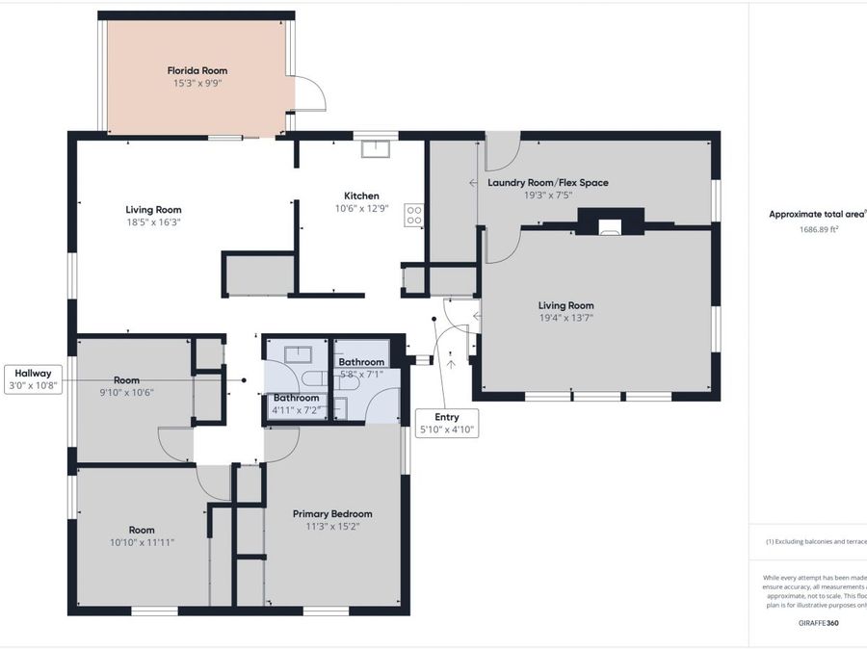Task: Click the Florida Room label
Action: coord(197,70)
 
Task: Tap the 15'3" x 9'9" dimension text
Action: coord(197,84)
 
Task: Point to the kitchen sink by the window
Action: coord(376,148)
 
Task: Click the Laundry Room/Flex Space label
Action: coord(548,182)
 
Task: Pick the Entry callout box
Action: coord(446,424)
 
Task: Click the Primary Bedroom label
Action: coord(332,513)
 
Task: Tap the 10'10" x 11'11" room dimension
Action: coord(142,542)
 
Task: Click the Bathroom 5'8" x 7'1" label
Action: coord(361,368)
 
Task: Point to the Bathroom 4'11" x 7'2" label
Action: coord(296,403)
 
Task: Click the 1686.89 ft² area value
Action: coord(818,229)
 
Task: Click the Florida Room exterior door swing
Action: coord(309,94)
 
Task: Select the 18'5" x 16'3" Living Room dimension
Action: coord(153,221)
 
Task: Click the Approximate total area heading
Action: coord(817,215)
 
